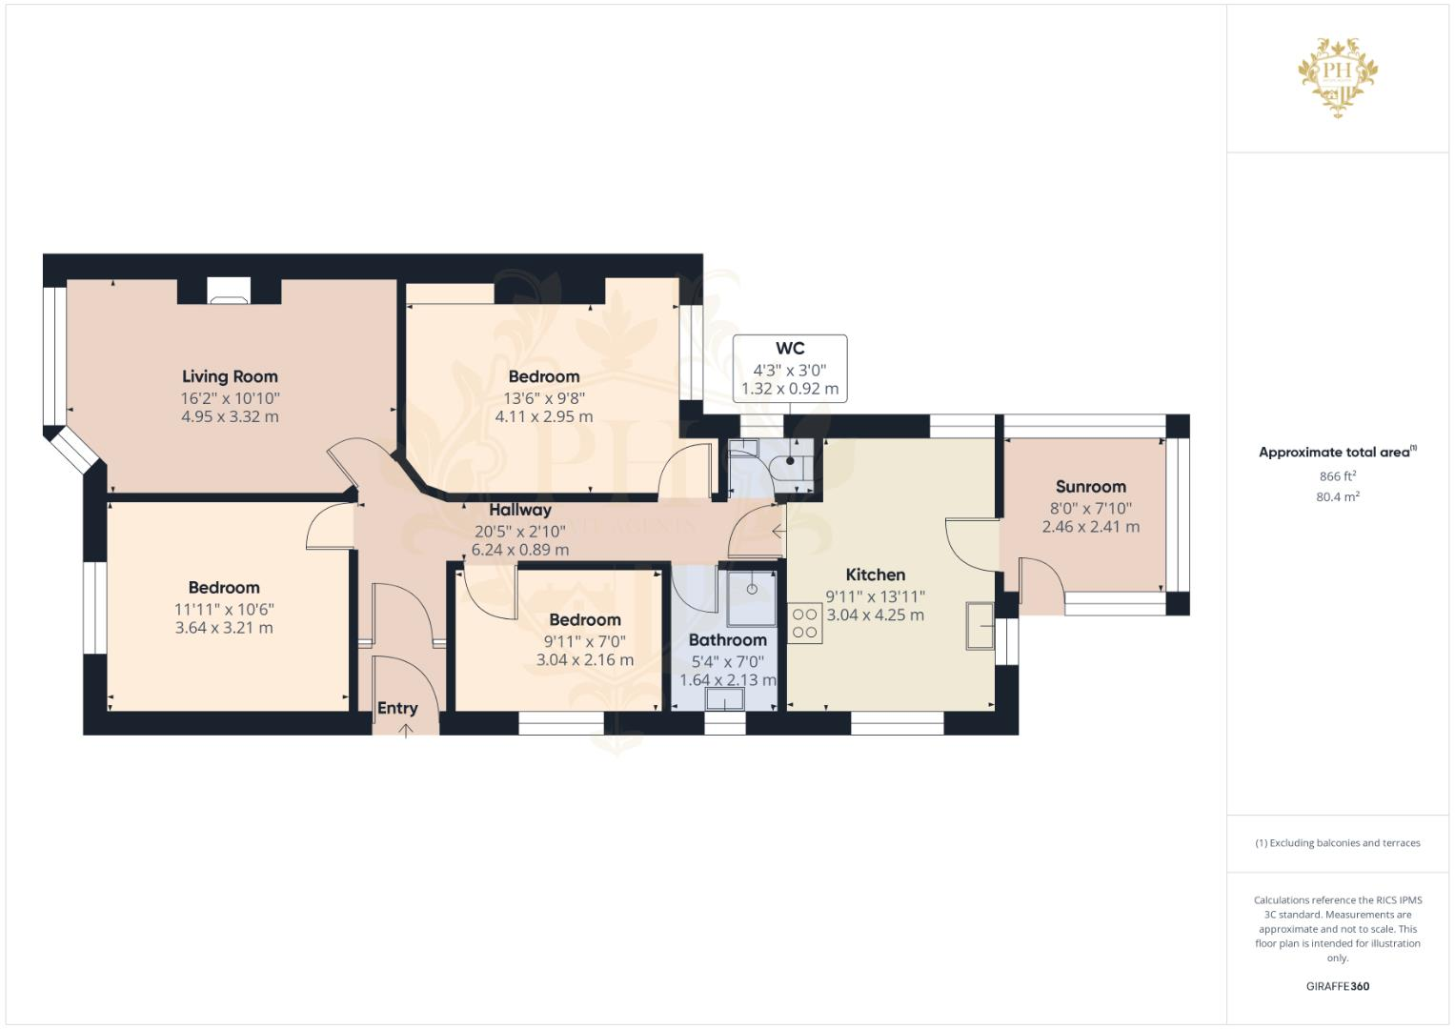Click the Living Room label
tap(230, 376)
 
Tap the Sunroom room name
tap(1090, 487)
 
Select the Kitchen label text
tap(875, 575)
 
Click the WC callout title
tap(790, 349)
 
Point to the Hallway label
tap(519, 510)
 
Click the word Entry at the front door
tap(397, 708)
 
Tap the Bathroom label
tap(727, 640)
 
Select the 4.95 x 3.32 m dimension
tap(230, 416)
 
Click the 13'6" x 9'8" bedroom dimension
tap(543, 398)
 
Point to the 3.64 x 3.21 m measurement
tap(224, 628)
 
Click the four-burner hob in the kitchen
tap(804, 623)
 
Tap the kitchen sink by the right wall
tap(979, 626)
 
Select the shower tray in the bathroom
tap(752, 591)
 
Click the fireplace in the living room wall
tap(229, 291)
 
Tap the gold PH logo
tap(1338, 75)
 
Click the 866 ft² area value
tap(1337, 476)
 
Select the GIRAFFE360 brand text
tap(1337, 986)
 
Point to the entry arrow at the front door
tap(406, 730)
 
